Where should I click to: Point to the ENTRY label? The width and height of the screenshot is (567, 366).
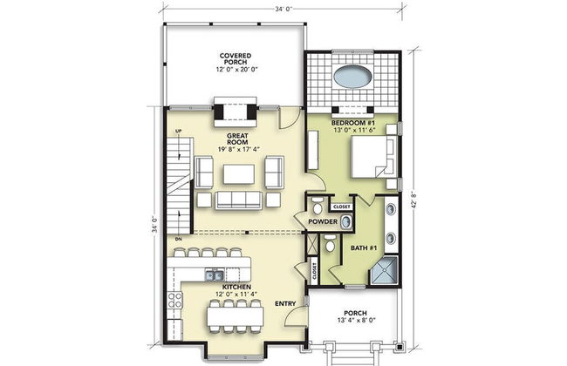tap(285, 303)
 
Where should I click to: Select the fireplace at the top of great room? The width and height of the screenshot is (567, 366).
tap(235, 112)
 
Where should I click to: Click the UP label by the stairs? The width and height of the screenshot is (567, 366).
tap(178, 132)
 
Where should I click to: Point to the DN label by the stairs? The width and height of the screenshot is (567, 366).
tap(178, 237)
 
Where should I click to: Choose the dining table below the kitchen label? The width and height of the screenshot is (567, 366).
tap(231, 315)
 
